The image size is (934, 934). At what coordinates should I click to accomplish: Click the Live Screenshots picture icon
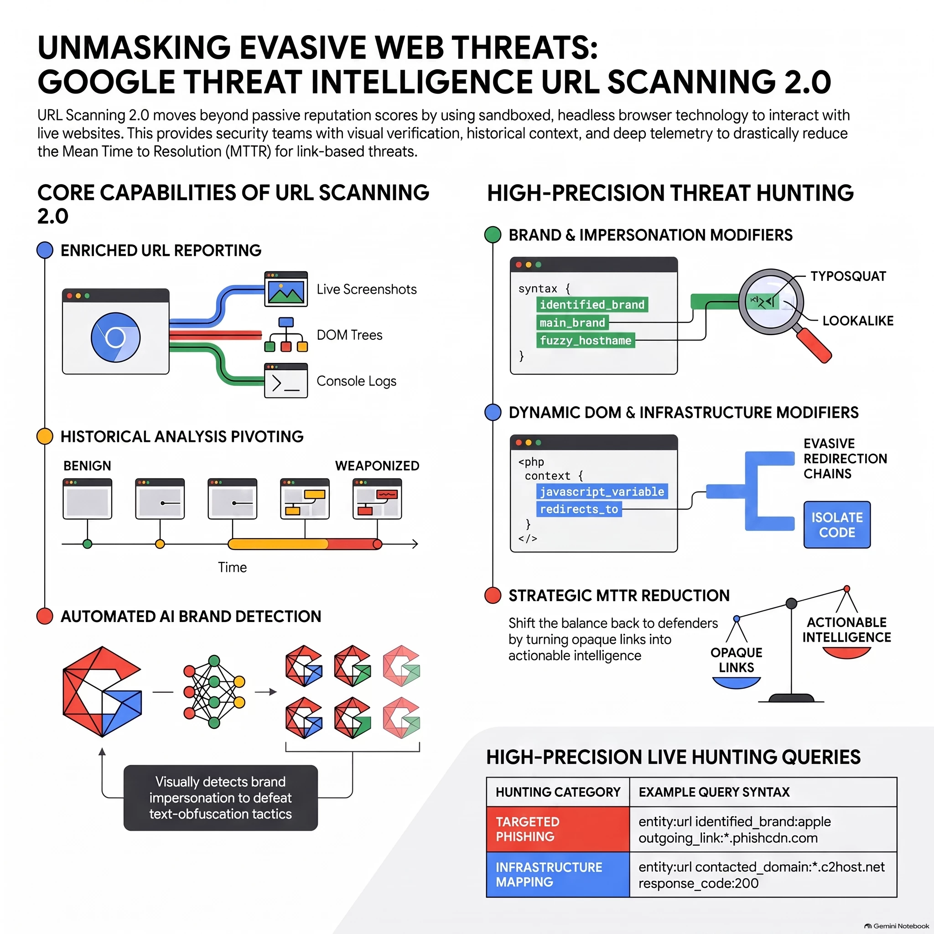coord(285,289)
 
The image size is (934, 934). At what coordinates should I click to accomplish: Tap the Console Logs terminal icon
coord(285,380)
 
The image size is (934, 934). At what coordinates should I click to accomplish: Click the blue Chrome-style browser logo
coord(115,337)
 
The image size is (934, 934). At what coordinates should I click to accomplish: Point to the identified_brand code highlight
coord(592,305)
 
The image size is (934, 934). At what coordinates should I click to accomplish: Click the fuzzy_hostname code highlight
coord(586,340)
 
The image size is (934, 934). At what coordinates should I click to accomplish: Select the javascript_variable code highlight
coord(602,492)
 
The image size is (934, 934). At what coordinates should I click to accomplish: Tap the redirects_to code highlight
coord(579,509)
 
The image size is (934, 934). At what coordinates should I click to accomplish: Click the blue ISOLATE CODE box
coord(837,524)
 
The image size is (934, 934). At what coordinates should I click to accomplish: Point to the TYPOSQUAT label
coord(848,276)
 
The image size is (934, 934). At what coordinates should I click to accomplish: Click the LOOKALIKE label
coord(858,321)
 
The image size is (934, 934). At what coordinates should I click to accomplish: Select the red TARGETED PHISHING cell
coord(558,829)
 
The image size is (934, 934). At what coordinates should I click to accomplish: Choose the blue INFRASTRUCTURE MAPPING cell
coord(558,875)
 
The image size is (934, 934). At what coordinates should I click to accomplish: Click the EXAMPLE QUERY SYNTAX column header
coord(714,792)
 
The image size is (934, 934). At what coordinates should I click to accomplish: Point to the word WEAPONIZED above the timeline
coord(377,466)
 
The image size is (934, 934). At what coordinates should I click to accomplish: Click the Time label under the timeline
coord(232,567)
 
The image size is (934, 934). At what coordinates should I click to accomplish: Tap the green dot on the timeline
coord(88,544)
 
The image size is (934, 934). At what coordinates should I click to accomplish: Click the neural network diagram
coord(214,692)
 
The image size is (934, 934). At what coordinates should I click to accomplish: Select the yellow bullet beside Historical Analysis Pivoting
coord(45,436)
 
